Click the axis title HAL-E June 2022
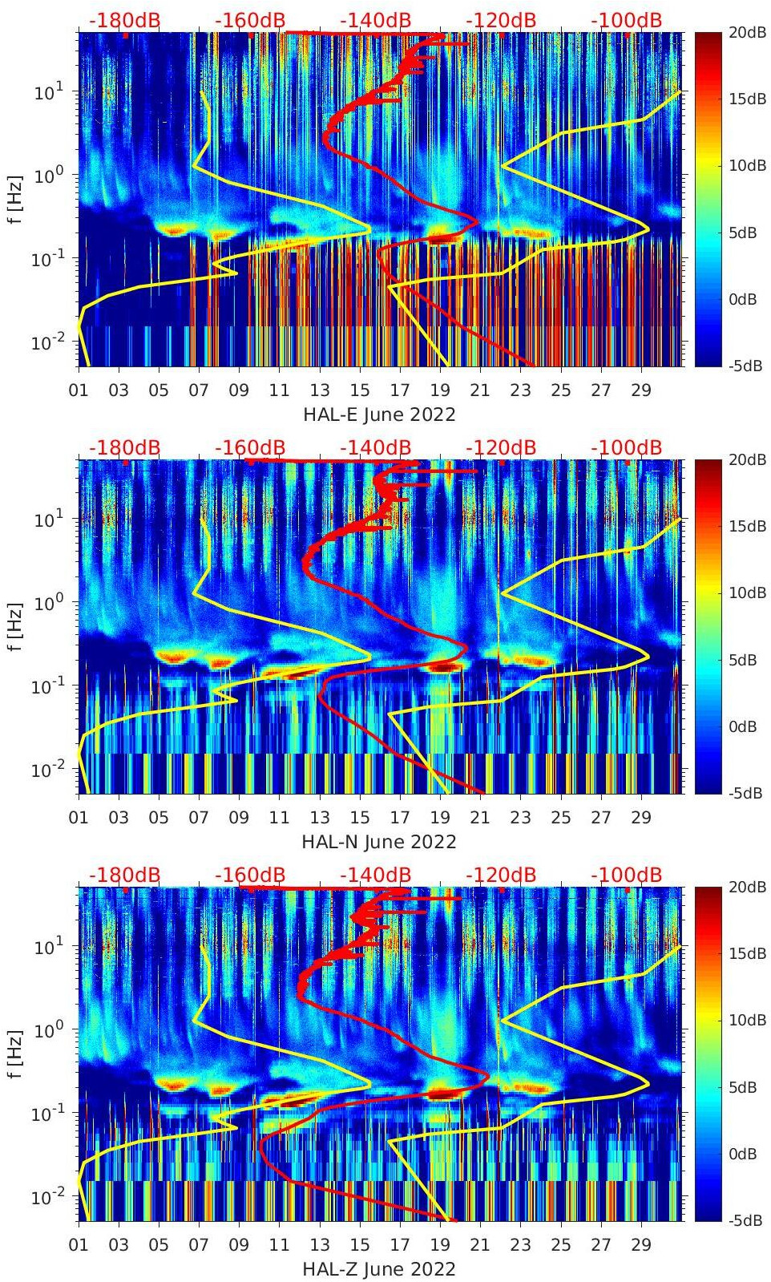(x=379, y=415)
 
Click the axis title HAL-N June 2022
(x=379, y=842)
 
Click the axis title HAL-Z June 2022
(x=379, y=1269)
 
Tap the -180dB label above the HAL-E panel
(x=124, y=20)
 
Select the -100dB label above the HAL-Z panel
(x=626, y=875)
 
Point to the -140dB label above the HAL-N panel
(x=375, y=447)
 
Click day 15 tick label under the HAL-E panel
(x=360, y=390)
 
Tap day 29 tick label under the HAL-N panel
(x=641, y=818)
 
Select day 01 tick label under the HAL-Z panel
(x=79, y=1245)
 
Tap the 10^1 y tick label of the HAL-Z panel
(x=48, y=947)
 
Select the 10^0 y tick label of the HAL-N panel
(x=48, y=603)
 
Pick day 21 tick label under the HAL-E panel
(x=480, y=390)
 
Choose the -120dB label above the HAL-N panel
(x=501, y=447)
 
